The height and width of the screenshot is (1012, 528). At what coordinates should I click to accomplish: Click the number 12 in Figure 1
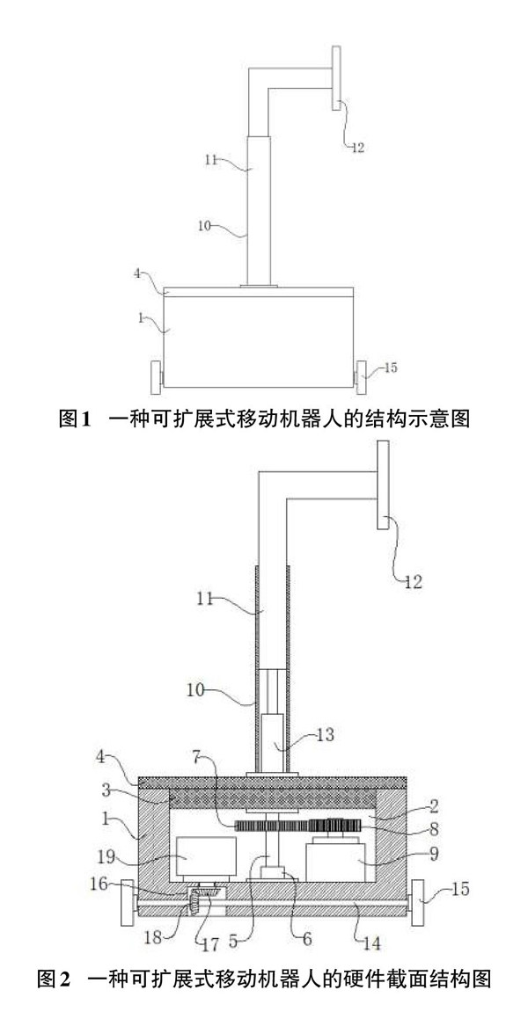[356, 149]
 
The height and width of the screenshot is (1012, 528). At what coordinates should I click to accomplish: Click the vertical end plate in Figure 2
[385, 486]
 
